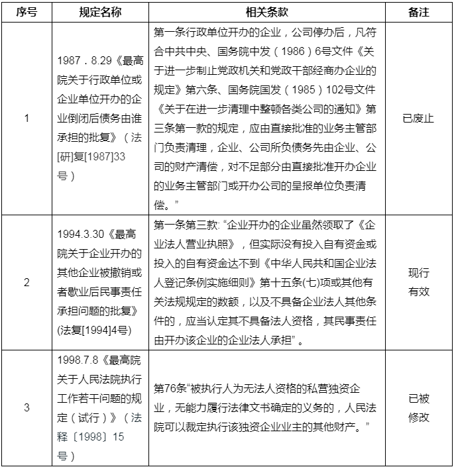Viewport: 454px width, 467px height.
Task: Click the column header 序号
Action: [x=27, y=12]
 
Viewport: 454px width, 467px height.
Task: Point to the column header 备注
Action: [x=419, y=12]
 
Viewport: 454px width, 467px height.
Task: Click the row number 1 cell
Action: [x=27, y=119]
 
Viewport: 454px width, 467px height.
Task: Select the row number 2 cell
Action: [x=27, y=282]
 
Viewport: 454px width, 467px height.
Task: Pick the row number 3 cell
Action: [x=27, y=407]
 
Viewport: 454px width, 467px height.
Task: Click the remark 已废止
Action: [x=419, y=119]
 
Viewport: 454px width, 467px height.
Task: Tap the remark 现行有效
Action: [x=419, y=282]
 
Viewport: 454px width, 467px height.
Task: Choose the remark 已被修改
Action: [x=419, y=407]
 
